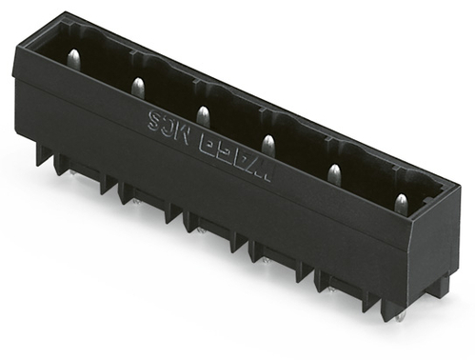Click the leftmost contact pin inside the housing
tap(73, 59)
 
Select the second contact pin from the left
tap(137, 88)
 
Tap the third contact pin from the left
tap(202, 115)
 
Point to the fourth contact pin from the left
tap(267, 145)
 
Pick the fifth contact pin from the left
tap(334, 173)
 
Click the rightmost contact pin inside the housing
tap(401, 203)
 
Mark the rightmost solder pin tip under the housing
tap(401, 315)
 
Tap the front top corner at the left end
tap(14, 50)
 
